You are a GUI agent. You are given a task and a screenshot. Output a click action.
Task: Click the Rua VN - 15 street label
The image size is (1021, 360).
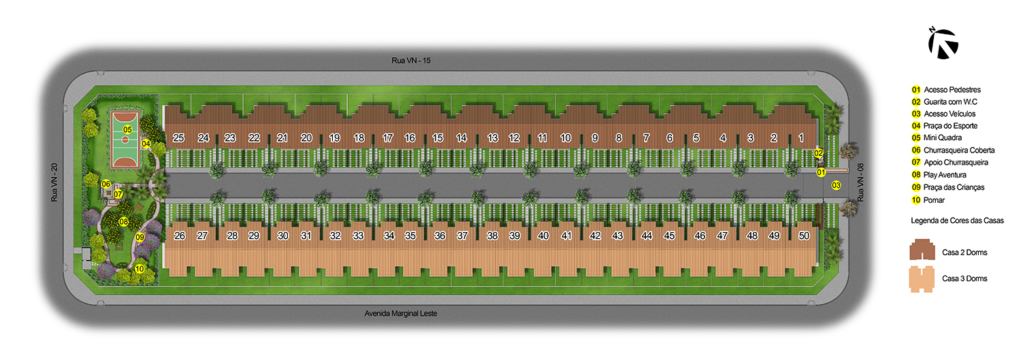tap(410, 60)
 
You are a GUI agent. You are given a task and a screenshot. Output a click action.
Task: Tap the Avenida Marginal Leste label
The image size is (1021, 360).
tap(401, 314)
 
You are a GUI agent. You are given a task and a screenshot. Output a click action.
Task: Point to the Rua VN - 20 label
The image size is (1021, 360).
tap(54, 182)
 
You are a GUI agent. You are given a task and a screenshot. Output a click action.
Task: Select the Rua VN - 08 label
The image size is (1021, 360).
tap(860, 182)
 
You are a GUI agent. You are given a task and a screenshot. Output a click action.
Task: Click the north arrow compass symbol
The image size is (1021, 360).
tap(943, 44)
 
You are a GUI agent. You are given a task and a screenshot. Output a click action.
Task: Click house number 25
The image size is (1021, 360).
tap(178, 137)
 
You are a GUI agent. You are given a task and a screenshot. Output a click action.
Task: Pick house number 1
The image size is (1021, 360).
tap(801, 137)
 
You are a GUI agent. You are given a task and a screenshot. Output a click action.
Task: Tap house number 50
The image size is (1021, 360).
tap(804, 235)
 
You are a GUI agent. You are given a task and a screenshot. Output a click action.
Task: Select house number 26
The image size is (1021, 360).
tap(180, 235)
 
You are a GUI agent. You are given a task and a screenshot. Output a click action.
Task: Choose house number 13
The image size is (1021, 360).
tap(492, 137)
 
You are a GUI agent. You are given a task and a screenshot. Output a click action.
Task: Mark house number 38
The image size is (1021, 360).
tap(492, 235)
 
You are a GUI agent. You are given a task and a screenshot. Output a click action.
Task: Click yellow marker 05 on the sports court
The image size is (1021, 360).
tap(127, 129)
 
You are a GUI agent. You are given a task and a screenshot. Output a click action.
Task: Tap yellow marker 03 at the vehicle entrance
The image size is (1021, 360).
tap(836, 185)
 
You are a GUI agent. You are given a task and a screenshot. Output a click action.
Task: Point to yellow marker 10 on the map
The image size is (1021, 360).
tap(140, 269)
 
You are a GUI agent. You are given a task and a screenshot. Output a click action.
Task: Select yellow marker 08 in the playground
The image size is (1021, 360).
tap(123, 222)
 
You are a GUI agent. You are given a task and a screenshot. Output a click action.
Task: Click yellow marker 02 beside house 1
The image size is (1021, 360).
tap(819, 153)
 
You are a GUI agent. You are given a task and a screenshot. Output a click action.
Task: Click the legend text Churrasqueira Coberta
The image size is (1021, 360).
tap(959, 150)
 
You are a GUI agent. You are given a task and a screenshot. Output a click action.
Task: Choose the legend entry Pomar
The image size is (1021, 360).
tap(934, 200)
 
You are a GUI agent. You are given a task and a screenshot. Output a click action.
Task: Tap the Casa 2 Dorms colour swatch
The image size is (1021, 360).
tap(922, 250)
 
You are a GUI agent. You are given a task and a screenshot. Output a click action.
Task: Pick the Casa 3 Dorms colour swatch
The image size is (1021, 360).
tap(922, 279)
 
